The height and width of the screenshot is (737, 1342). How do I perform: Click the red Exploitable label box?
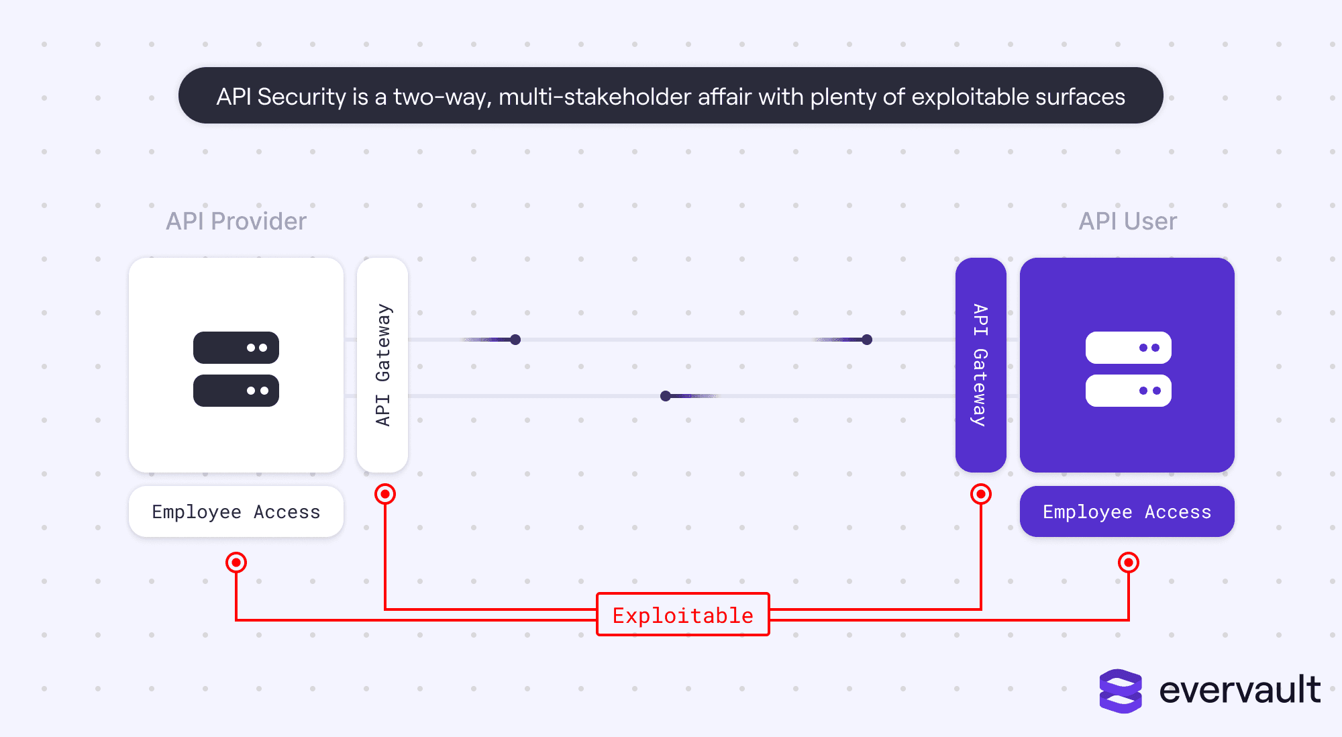click(x=683, y=614)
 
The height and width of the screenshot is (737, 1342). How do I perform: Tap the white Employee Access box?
click(x=236, y=511)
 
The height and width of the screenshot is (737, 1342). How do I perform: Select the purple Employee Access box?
click(x=1127, y=511)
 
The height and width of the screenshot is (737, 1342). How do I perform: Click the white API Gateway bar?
click(x=382, y=365)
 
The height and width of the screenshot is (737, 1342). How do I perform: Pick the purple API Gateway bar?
click(x=980, y=365)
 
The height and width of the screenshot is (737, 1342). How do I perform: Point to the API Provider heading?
click(x=236, y=222)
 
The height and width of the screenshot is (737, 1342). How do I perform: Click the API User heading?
click(x=1127, y=222)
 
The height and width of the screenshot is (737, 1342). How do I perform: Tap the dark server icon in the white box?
click(x=236, y=369)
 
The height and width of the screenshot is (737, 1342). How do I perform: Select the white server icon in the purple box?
click(x=1128, y=369)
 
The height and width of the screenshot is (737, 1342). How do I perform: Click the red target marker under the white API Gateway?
click(x=385, y=495)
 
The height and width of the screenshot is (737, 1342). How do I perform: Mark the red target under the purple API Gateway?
click(x=981, y=495)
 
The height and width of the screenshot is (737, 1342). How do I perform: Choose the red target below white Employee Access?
click(x=236, y=562)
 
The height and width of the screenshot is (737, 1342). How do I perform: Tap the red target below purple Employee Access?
click(x=1129, y=562)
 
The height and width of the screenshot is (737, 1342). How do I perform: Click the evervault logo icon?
click(x=1121, y=691)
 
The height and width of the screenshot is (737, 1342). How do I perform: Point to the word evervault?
click(x=1240, y=690)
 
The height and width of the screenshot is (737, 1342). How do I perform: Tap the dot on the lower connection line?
click(x=666, y=396)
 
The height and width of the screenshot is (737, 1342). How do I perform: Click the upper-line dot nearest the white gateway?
click(x=515, y=340)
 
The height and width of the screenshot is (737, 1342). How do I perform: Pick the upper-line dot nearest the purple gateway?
click(x=867, y=340)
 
